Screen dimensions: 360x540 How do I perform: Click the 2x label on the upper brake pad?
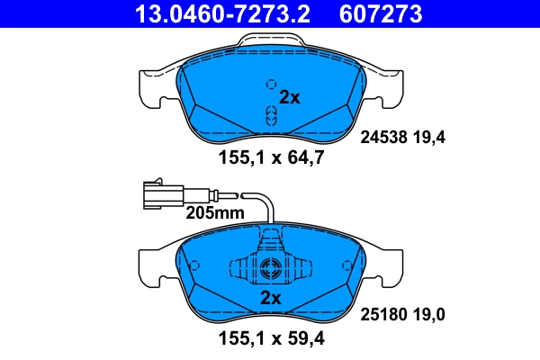(x=290, y=98)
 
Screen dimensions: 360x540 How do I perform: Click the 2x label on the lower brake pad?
(x=270, y=297)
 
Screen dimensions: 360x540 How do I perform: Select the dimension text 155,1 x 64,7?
(x=270, y=159)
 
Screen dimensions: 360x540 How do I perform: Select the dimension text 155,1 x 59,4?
(x=270, y=339)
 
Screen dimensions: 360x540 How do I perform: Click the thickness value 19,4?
(x=429, y=138)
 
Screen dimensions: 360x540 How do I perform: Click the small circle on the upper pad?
(x=269, y=84)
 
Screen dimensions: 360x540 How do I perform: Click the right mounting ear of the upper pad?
(x=388, y=88)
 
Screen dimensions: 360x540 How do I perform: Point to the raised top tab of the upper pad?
(x=270, y=41)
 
